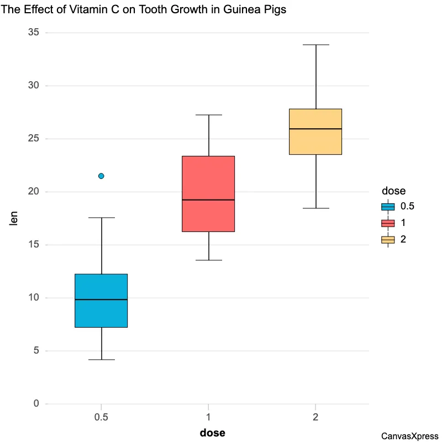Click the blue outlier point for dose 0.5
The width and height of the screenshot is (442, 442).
[x=101, y=176]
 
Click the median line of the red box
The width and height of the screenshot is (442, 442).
[x=208, y=199]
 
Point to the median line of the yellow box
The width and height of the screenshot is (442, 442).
[x=315, y=129]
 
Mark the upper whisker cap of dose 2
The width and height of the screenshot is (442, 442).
[x=315, y=44]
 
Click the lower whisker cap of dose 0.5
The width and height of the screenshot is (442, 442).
[x=101, y=360]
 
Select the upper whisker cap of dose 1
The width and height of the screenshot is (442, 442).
[x=208, y=115]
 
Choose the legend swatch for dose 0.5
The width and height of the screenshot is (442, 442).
[x=388, y=207]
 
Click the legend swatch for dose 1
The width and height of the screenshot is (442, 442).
[x=388, y=223]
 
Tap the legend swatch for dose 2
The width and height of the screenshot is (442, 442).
[x=388, y=240]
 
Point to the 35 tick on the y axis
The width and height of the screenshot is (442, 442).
[x=33, y=33]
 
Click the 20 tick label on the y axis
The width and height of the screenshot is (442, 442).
[x=33, y=192]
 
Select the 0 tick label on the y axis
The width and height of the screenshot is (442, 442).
[x=36, y=404]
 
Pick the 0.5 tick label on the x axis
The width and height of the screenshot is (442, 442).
[x=101, y=418]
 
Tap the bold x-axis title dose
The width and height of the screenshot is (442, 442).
[x=212, y=433]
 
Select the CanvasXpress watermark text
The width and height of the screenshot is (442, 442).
[x=410, y=436]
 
